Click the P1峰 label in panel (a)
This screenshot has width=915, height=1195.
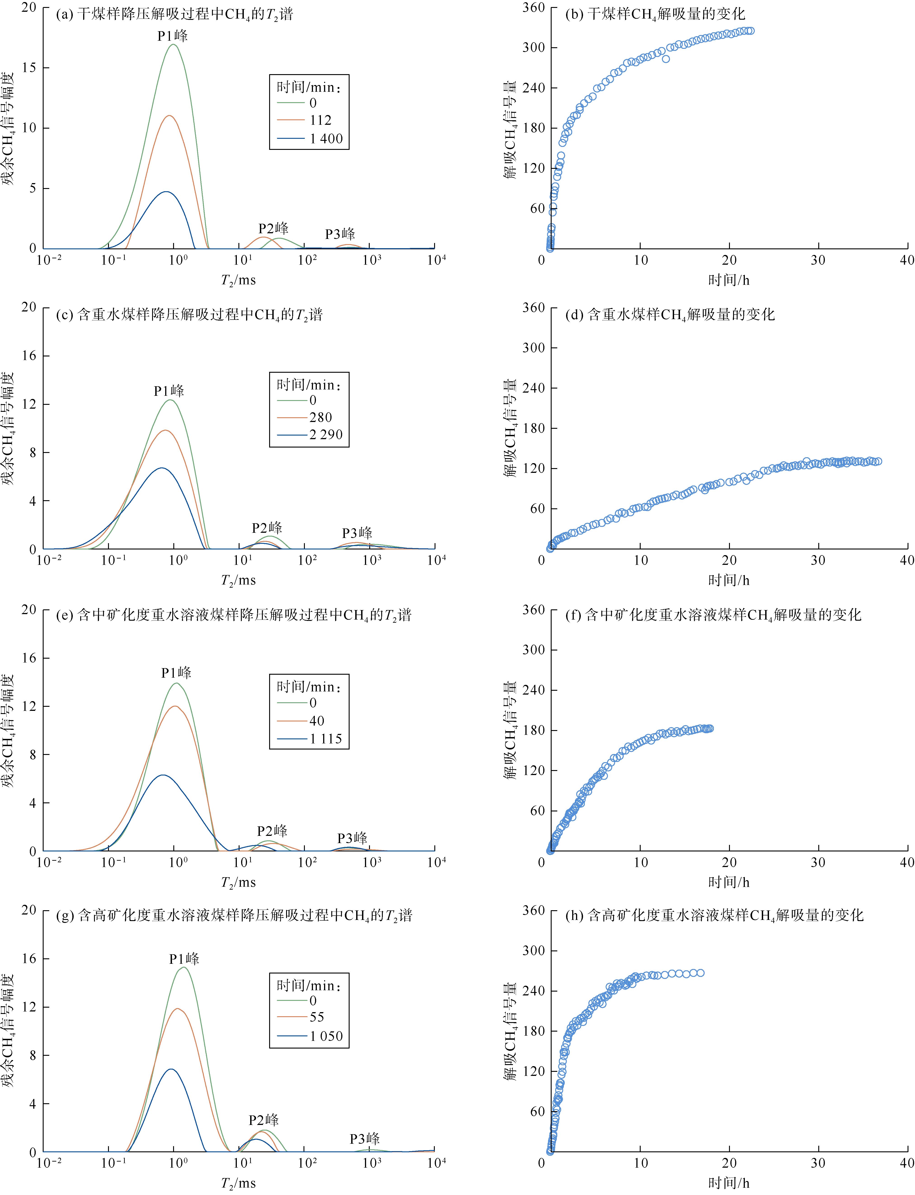173,36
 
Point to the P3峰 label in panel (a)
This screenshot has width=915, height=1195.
340,234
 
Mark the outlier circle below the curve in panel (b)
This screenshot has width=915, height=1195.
666,59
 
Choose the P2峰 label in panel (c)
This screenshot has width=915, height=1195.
267,528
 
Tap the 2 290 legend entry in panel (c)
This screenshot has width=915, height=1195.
326,435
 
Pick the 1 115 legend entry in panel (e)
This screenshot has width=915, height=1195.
326,739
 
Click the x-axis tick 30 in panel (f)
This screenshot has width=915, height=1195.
818,862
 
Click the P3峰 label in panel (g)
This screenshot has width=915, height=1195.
364,1139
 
